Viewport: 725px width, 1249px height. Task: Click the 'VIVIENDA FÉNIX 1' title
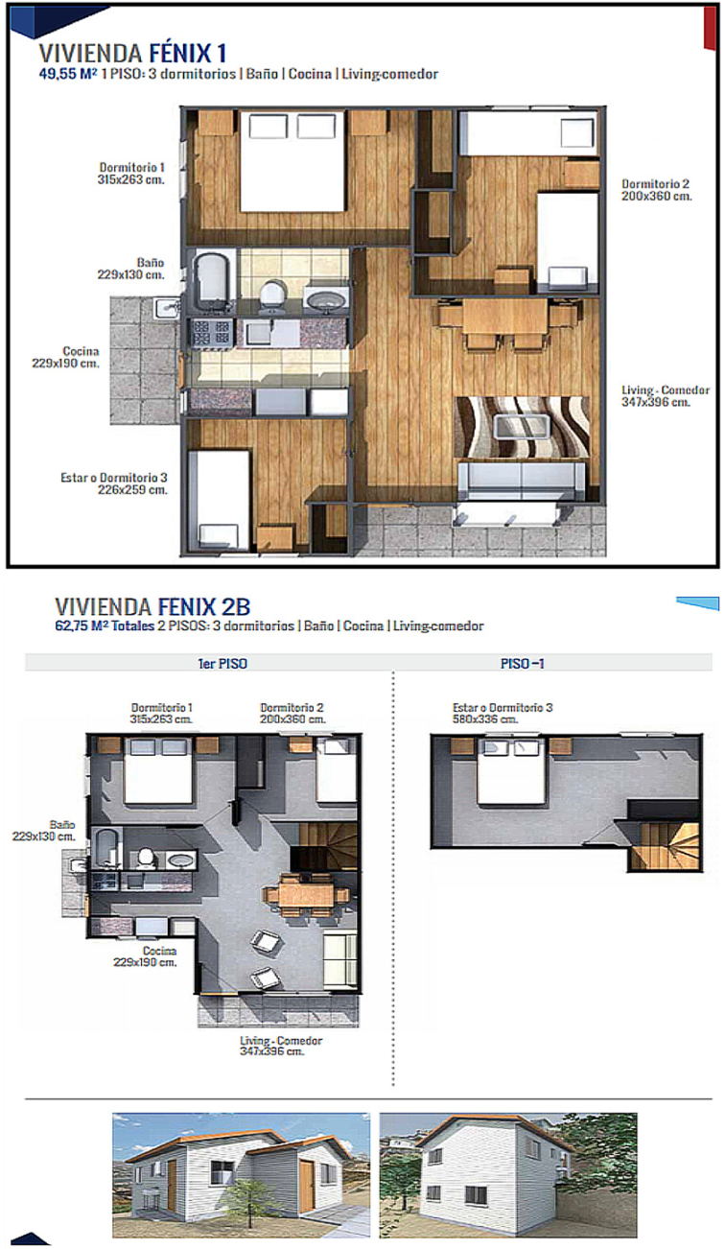point(132,54)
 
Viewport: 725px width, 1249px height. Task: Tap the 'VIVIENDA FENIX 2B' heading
point(152,606)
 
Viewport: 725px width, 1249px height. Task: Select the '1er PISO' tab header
point(222,664)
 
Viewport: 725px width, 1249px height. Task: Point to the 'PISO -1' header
point(522,664)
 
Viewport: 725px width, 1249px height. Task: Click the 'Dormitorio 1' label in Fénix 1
point(132,167)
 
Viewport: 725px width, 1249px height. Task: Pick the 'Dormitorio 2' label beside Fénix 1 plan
point(655,183)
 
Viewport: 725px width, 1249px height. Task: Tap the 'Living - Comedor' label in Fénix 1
point(666,389)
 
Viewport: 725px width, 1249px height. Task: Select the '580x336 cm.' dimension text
point(485,719)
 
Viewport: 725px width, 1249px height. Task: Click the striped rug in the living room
point(522,427)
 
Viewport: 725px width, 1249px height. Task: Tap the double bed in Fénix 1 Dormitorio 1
point(292,160)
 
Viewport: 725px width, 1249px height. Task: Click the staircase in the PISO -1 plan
point(665,845)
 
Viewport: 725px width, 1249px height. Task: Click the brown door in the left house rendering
point(306,1179)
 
